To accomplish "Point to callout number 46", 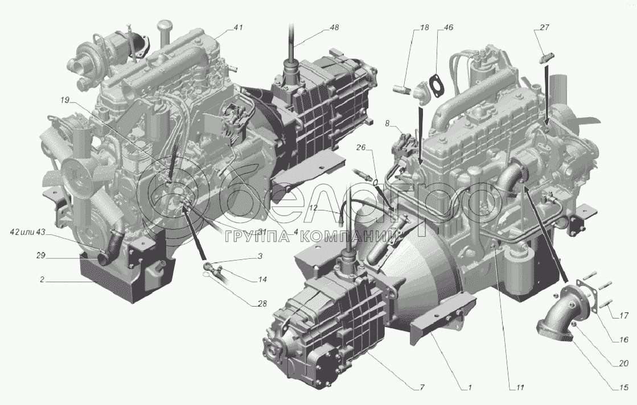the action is click(449, 27).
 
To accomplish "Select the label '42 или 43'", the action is click(27, 232).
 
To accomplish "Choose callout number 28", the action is click(262, 303).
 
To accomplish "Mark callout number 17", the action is click(624, 315).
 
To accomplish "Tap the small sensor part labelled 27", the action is click(545, 57).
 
